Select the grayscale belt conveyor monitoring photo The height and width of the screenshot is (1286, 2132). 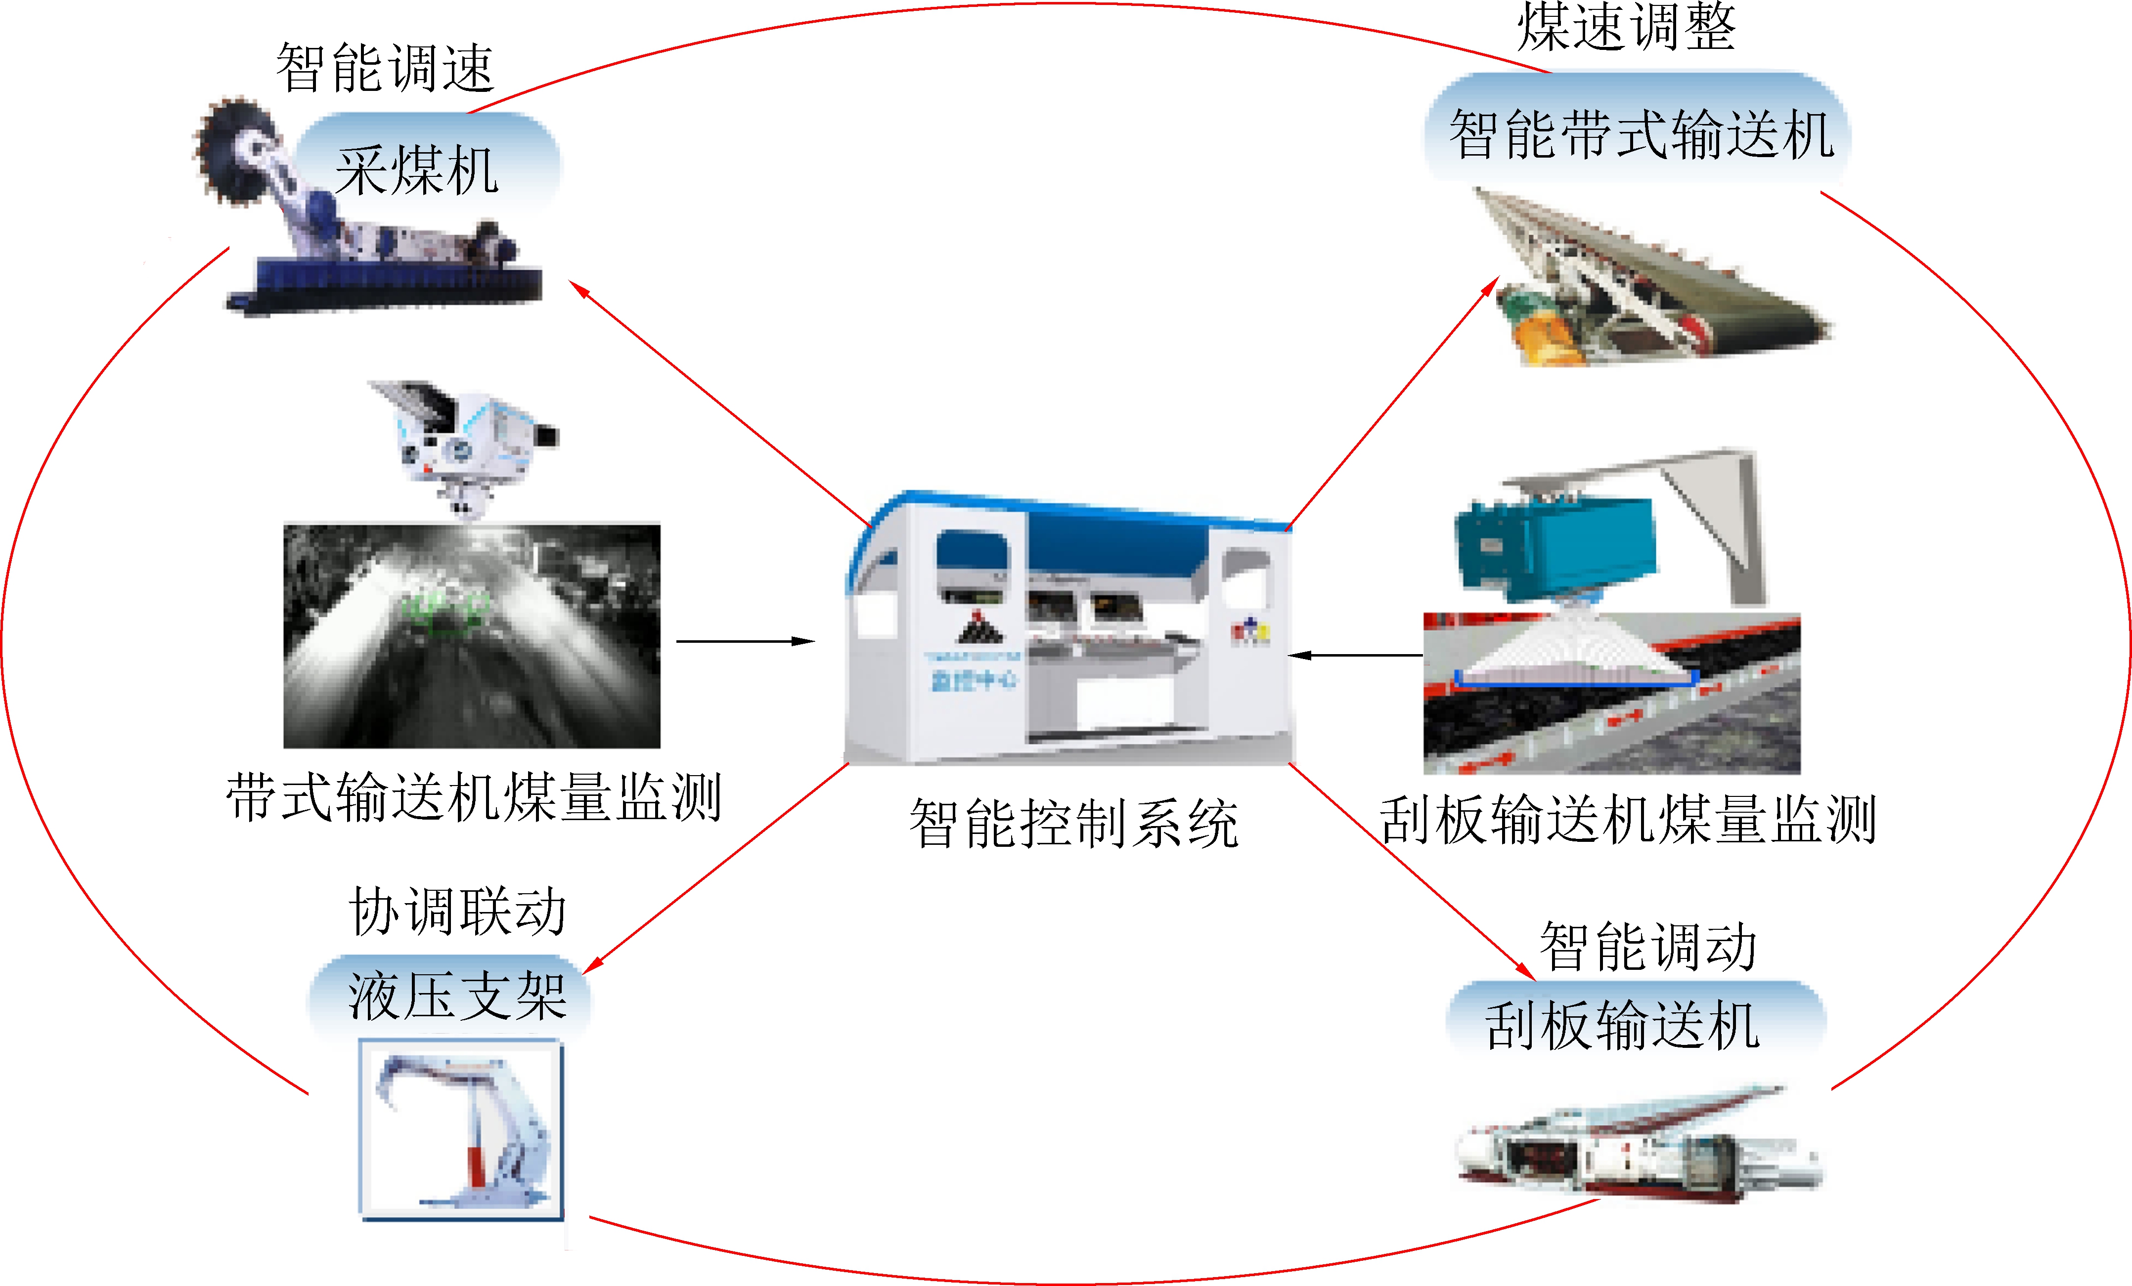tap(472, 636)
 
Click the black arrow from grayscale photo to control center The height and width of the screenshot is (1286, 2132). tap(744, 641)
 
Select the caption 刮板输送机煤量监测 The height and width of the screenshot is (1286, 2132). tap(1627, 820)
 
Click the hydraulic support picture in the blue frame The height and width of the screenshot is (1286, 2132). tap(461, 1128)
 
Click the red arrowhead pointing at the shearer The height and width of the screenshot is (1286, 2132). tap(578, 289)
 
